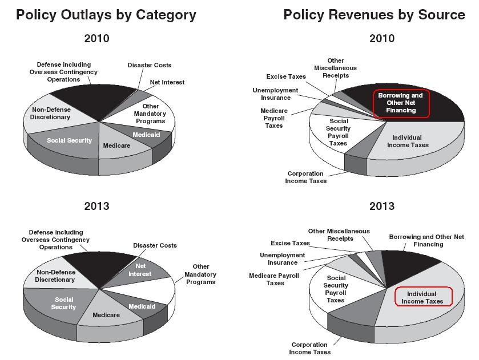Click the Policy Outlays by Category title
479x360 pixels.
click(x=106, y=14)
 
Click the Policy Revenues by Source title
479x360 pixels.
click(x=374, y=14)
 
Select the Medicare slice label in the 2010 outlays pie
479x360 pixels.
click(x=116, y=145)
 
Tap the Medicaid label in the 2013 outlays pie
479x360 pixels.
click(x=142, y=307)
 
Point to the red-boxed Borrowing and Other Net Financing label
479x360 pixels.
click(x=401, y=103)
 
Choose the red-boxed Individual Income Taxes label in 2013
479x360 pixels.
click(x=422, y=297)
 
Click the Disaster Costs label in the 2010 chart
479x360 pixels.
click(x=150, y=65)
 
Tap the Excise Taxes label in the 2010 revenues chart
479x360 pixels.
click(x=286, y=76)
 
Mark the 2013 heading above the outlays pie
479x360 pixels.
click(x=96, y=206)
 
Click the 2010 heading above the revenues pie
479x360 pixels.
click(x=381, y=39)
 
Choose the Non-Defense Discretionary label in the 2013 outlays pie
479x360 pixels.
click(x=55, y=276)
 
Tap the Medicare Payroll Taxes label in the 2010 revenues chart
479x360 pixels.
click(x=274, y=118)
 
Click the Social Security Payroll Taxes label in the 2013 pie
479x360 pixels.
click(x=336, y=289)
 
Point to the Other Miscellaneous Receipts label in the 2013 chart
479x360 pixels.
click(x=339, y=234)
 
